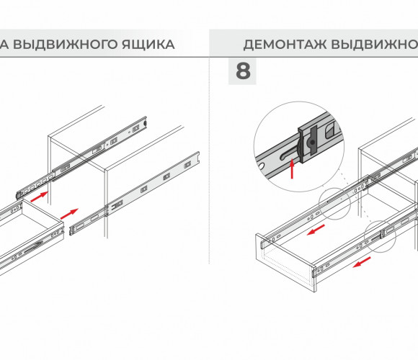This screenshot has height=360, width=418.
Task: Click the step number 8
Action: [x=243, y=71]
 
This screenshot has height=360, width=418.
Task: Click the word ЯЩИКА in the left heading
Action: [x=148, y=44]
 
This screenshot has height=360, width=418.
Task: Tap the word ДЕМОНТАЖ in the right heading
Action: [x=285, y=45]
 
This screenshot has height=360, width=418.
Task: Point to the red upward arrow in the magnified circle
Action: [x=292, y=168]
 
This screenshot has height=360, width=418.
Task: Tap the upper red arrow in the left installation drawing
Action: [x=39, y=197]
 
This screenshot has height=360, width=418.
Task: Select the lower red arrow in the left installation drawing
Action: [x=69, y=214]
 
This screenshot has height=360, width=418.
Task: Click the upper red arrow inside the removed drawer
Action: [x=316, y=230]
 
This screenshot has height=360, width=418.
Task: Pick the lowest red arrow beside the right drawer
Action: [x=362, y=262]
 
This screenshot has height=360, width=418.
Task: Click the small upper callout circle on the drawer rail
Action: [x=335, y=204]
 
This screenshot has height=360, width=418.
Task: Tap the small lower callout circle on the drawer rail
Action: [x=380, y=236]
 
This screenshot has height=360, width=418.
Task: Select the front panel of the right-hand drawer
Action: [x=286, y=264]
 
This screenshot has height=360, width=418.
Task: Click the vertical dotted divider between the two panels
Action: [x=209, y=161]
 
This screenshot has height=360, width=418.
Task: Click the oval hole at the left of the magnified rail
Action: [x=262, y=166]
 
